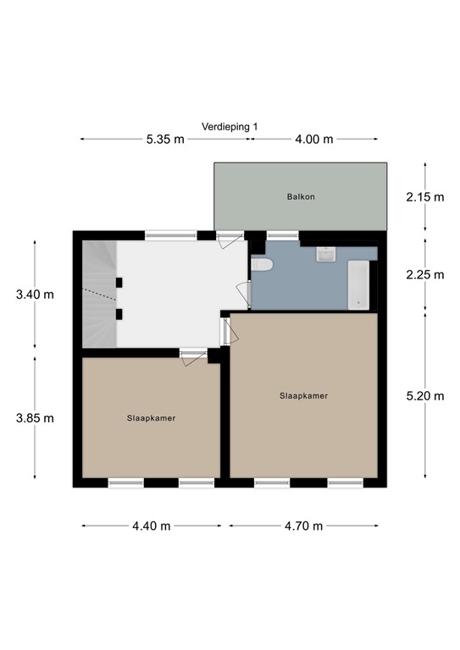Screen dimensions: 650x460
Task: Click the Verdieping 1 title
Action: [x=230, y=126]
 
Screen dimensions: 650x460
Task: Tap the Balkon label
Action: [x=301, y=197]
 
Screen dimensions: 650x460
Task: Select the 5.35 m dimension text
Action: [x=166, y=140]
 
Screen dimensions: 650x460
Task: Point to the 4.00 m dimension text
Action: [x=314, y=140]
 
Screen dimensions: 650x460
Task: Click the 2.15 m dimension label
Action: [x=424, y=197]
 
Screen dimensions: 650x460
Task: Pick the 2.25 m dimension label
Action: [x=424, y=274]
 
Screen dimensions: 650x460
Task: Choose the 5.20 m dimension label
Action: [x=424, y=396]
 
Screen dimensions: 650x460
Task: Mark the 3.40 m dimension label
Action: [x=35, y=295]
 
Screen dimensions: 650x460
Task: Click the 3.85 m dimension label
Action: [x=35, y=417]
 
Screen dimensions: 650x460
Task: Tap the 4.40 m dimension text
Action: [x=152, y=526]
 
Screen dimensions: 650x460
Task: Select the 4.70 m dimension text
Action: [x=303, y=526]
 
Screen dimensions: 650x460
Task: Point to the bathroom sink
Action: [x=326, y=253]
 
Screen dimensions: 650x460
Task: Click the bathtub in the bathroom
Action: [x=359, y=285]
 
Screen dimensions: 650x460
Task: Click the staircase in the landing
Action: [x=98, y=293]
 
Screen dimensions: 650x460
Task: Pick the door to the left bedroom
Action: [x=192, y=355]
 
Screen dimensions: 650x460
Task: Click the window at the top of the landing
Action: [x=170, y=235]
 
